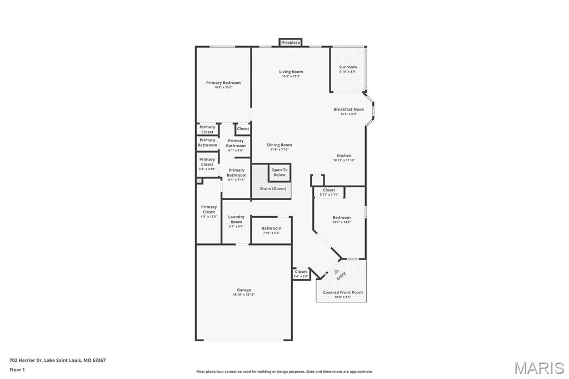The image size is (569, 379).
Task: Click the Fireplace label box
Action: (x=291, y=42)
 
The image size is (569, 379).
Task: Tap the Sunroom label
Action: (x=348, y=67)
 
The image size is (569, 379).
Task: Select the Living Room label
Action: (x=291, y=72)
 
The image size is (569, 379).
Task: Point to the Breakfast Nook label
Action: (x=348, y=109)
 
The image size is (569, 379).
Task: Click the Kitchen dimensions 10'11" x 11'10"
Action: (x=343, y=160)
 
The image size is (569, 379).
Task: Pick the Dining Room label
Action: (x=279, y=145)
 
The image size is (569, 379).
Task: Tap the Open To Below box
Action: (x=279, y=172)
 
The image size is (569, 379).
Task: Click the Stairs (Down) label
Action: (x=272, y=188)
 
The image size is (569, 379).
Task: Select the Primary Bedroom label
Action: (x=223, y=83)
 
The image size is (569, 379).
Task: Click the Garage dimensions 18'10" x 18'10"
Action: (x=244, y=295)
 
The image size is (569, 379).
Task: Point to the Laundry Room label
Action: (x=236, y=220)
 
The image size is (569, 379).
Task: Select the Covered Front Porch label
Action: (x=343, y=292)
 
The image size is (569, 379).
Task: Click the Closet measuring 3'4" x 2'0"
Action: (x=301, y=273)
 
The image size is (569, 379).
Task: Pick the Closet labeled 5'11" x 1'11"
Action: (x=329, y=192)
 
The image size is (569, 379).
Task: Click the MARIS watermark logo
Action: (x=539, y=368)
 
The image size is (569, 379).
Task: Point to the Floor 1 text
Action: (x=17, y=370)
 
